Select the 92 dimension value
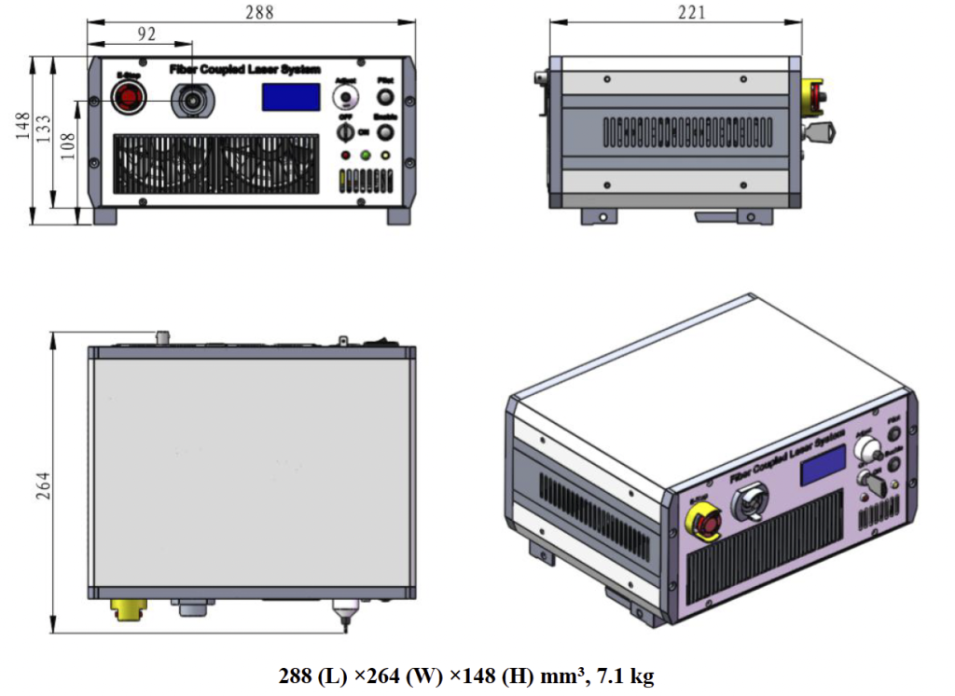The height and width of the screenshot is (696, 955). (x=146, y=34)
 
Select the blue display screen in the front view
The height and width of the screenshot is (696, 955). (x=290, y=97)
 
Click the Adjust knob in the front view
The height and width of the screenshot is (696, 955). (x=347, y=99)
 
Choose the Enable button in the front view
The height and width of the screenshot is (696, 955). (x=383, y=131)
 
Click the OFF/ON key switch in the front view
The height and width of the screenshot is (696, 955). (x=346, y=132)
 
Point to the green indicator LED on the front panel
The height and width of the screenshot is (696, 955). (x=365, y=155)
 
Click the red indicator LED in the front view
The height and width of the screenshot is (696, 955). (x=346, y=155)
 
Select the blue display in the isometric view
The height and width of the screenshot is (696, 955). (x=823, y=463)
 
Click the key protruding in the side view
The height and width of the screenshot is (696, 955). (x=820, y=133)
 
